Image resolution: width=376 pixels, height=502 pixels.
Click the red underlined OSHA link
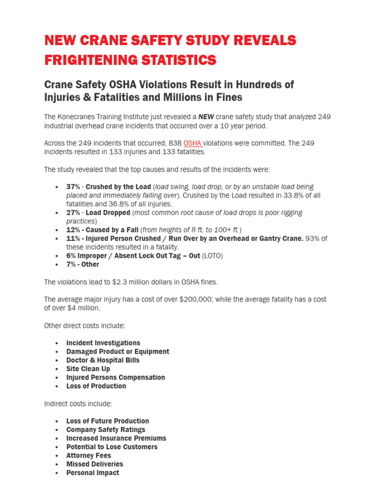pos(192,143)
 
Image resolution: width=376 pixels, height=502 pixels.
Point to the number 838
pos(174,143)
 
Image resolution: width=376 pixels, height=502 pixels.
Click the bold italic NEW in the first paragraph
pos(206,117)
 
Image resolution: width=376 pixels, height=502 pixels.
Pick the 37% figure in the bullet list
pos(73,187)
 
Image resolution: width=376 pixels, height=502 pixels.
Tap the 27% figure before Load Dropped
pos(73,213)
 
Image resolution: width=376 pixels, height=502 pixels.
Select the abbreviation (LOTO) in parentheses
pos(212,256)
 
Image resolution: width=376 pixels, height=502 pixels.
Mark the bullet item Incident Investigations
pos(103,343)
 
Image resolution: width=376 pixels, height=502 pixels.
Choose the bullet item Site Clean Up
pos(88,369)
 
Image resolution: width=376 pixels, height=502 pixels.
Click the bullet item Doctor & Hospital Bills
pos(103,360)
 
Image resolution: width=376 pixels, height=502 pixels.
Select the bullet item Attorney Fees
pos(89,455)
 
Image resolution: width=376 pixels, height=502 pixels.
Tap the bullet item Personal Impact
pos(93,473)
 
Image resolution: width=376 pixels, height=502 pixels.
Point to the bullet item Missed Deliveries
pos(94,464)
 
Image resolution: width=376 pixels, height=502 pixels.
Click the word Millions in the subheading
pos(185,97)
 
